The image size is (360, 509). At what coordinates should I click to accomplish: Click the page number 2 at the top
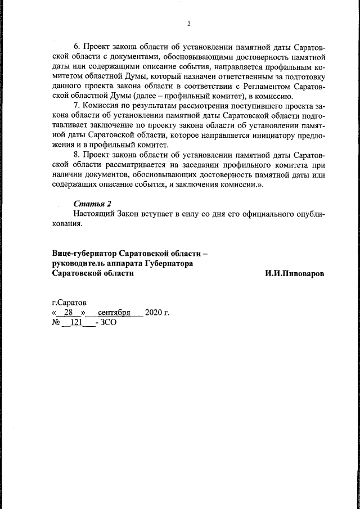click(x=189, y=23)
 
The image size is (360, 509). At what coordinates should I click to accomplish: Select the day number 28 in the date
click(x=69, y=313)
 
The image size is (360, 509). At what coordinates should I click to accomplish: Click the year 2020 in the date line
click(x=153, y=313)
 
